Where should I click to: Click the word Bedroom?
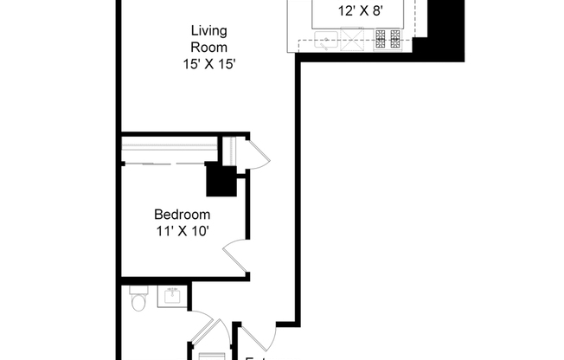coord(182,215)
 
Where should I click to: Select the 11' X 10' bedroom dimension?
coord(182,230)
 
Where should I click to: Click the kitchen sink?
coord(325,37)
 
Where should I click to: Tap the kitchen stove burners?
coord(387,37)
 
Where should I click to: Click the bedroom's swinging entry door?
coord(236,257)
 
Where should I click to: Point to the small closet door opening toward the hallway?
coord(259,156)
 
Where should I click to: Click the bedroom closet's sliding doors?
coord(169,163)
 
